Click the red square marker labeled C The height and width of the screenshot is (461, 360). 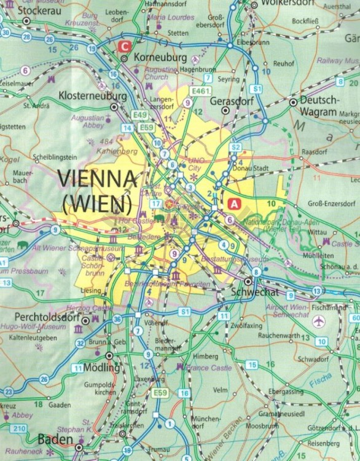tap(125, 45)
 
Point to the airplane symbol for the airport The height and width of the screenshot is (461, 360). tap(318, 322)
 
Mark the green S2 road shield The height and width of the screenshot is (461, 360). tap(235, 148)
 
